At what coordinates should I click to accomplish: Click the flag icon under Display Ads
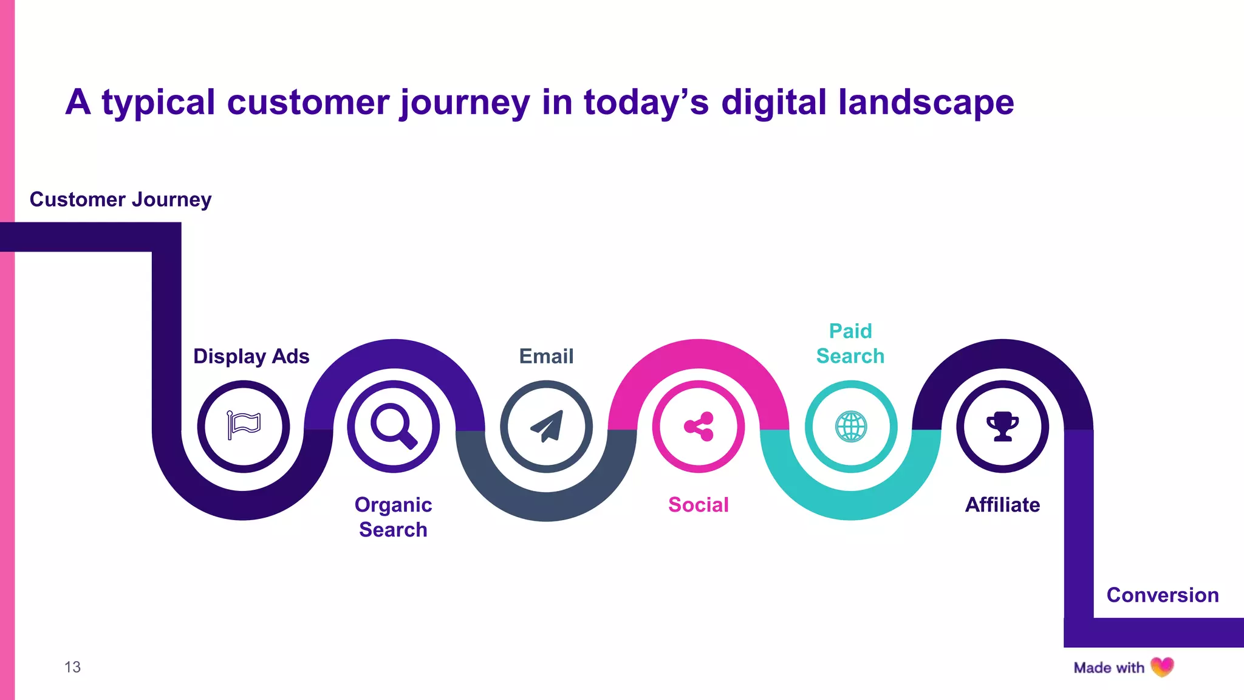[244, 425]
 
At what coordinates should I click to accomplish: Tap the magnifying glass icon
[394, 425]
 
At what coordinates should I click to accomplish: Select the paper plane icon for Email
[547, 426]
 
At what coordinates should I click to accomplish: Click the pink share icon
[699, 426]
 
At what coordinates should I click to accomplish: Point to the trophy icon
[1002, 426]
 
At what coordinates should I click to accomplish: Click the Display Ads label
[251, 356]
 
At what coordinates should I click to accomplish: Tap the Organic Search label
[393, 517]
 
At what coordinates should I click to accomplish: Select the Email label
[546, 356]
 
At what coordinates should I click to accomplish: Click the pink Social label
[699, 505]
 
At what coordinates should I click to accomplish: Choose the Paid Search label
[850, 343]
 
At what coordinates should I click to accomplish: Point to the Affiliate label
[1002, 505]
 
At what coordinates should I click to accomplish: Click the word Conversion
[1162, 595]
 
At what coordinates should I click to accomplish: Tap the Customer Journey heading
[120, 199]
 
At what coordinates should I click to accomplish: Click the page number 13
[72, 667]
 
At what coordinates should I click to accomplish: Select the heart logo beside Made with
[1162, 667]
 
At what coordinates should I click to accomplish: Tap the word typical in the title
[158, 102]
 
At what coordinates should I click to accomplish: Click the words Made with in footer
[1109, 668]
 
